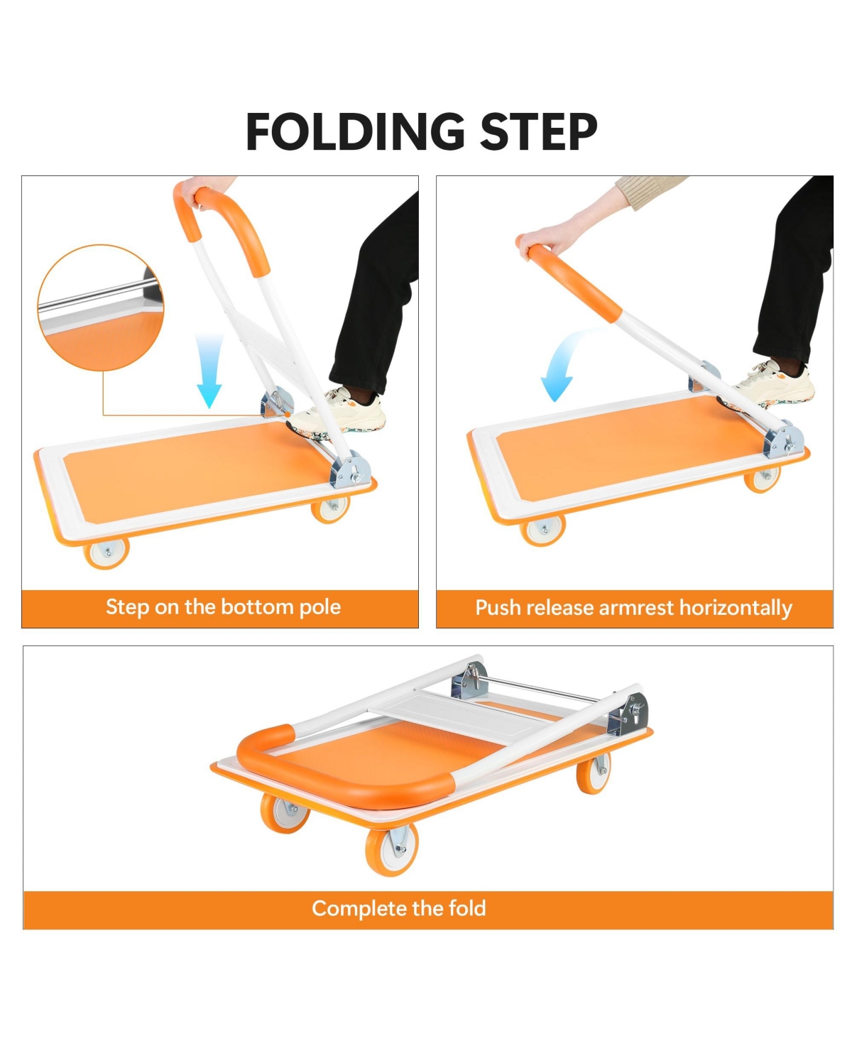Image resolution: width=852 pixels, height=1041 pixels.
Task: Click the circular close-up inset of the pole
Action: (100, 307)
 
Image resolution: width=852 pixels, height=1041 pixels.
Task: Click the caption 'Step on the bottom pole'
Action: (223, 608)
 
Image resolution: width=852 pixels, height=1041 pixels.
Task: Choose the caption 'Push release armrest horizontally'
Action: (633, 609)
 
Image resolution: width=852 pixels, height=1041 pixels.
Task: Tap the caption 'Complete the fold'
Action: (398, 909)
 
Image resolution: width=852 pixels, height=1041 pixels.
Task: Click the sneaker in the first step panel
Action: (344, 411)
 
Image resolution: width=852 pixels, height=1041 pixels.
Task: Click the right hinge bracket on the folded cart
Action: (629, 714)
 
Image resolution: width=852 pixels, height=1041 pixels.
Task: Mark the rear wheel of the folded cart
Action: (592, 774)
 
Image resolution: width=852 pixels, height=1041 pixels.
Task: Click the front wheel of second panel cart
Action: (543, 530)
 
